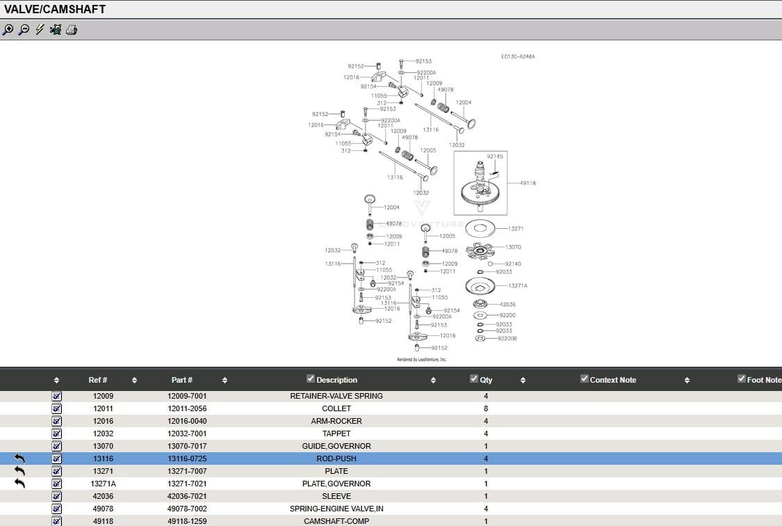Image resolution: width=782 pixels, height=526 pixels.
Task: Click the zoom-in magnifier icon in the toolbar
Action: coord(8,30)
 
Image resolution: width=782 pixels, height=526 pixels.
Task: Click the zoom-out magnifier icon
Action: coord(24,30)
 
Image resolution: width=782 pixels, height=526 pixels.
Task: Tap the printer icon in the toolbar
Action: coord(71,30)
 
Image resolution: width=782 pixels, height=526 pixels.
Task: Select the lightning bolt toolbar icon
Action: coord(40,30)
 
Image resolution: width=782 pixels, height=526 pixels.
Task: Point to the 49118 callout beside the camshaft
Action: coord(528,183)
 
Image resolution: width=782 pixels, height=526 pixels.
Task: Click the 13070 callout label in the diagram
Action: coord(513,247)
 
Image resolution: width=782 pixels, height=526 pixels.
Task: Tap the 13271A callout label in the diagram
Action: coord(518,286)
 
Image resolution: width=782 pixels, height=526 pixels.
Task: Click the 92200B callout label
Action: coord(507,339)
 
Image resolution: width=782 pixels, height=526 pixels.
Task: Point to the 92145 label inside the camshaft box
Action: coord(494,157)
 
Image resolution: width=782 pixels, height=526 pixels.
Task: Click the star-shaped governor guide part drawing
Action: coord(484,250)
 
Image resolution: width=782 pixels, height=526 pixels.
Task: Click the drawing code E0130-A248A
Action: coord(518,56)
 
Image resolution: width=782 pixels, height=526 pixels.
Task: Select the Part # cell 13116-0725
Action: coord(187,459)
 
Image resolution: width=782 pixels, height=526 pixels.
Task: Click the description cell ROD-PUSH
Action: coord(336,459)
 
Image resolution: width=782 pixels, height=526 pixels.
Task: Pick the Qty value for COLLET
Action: coord(486,408)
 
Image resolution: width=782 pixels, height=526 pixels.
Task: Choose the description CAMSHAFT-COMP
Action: coord(336,521)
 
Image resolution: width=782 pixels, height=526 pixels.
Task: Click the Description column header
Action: coord(336,380)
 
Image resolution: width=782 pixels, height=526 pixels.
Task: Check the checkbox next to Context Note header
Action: coord(585,379)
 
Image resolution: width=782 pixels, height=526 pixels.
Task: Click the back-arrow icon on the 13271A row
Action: coord(19,483)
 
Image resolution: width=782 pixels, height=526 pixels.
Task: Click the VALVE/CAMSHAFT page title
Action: coord(55,9)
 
